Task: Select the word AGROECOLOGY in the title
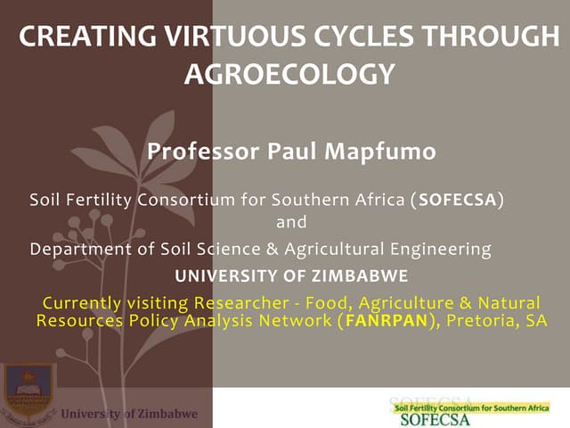289,74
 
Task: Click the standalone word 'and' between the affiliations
291,222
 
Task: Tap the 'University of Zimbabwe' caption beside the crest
129,414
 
